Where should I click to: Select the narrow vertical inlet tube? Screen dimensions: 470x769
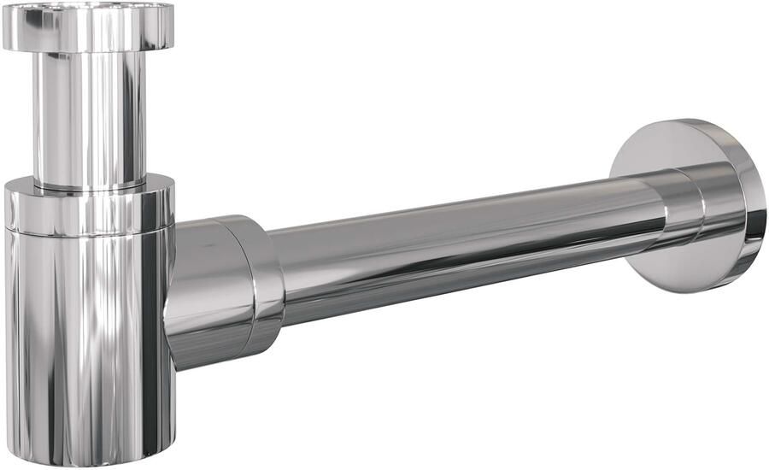tap(89, 111)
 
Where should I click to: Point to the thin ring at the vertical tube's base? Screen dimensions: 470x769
tap(89, 183)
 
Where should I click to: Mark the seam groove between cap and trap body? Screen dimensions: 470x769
tap(89, 232)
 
